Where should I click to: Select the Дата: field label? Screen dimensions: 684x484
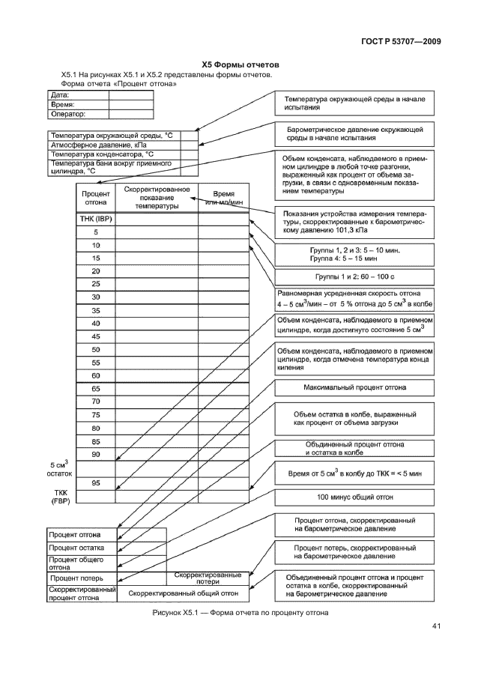[x=60, y=95]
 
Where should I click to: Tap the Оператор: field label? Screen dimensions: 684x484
[x=68, y=115]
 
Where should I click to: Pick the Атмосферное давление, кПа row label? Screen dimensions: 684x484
[x=88, y=144]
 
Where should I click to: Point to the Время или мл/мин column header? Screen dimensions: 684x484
[x=224, y=197]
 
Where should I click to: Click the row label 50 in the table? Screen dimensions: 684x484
[x=96, y=349]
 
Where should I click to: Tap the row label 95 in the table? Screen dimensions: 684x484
[x=96, y=482]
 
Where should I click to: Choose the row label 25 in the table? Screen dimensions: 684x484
[x=96, y=283]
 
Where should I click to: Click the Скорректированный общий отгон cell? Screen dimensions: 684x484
[x=183, y=593]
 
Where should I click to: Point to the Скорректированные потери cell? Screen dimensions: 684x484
[x=208, y=578]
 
